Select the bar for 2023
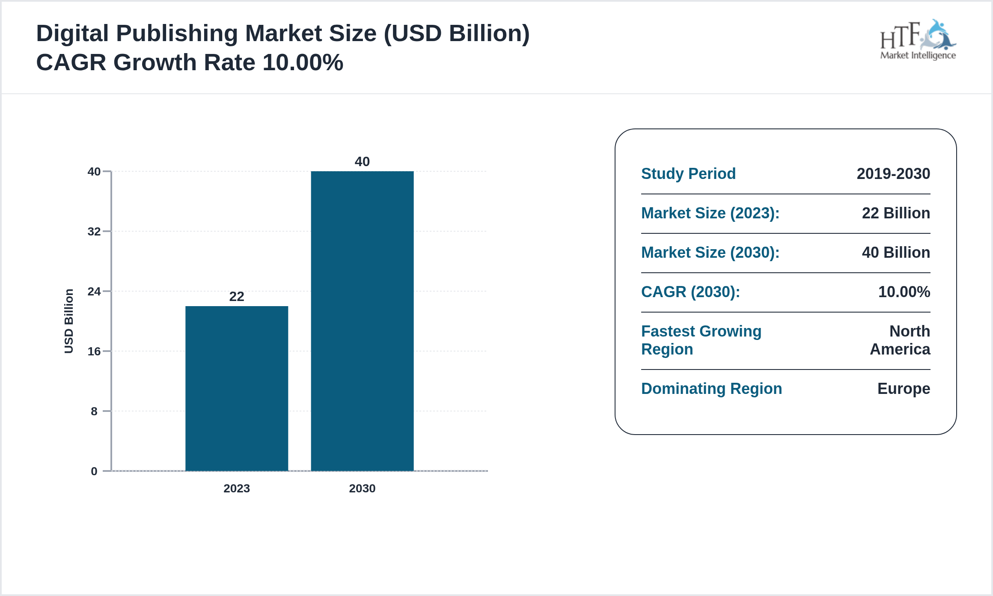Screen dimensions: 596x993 click(x=237, y=388)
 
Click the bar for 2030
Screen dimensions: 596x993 click(x=362, y=321)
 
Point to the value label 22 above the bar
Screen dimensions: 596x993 click(x=237, y=296)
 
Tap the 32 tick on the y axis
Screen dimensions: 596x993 click(x=94, y=232)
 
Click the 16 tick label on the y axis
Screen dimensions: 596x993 click(x=94, y=352)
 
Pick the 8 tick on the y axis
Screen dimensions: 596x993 click(x=94, y=411)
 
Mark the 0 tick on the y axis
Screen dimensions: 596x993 click(x=94, y=471)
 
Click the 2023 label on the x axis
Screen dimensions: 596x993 click(x=237, y=489)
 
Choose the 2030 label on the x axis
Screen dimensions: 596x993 click(x=362, y=489)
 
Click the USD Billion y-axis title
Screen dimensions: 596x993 click(x=69, y=321)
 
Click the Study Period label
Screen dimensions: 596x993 click(x=688, y=174)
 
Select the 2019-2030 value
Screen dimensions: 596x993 click(x=893, y=174)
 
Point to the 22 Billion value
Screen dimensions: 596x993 click(x=896, y=213)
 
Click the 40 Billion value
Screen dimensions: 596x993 click(x=896, y=253)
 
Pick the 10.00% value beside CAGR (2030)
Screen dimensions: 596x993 click(x=904, y=292)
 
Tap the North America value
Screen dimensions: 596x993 click(x=901, y=340)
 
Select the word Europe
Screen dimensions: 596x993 click(x=904, y=389)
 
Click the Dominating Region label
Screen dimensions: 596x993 click(x=711, y=389)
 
